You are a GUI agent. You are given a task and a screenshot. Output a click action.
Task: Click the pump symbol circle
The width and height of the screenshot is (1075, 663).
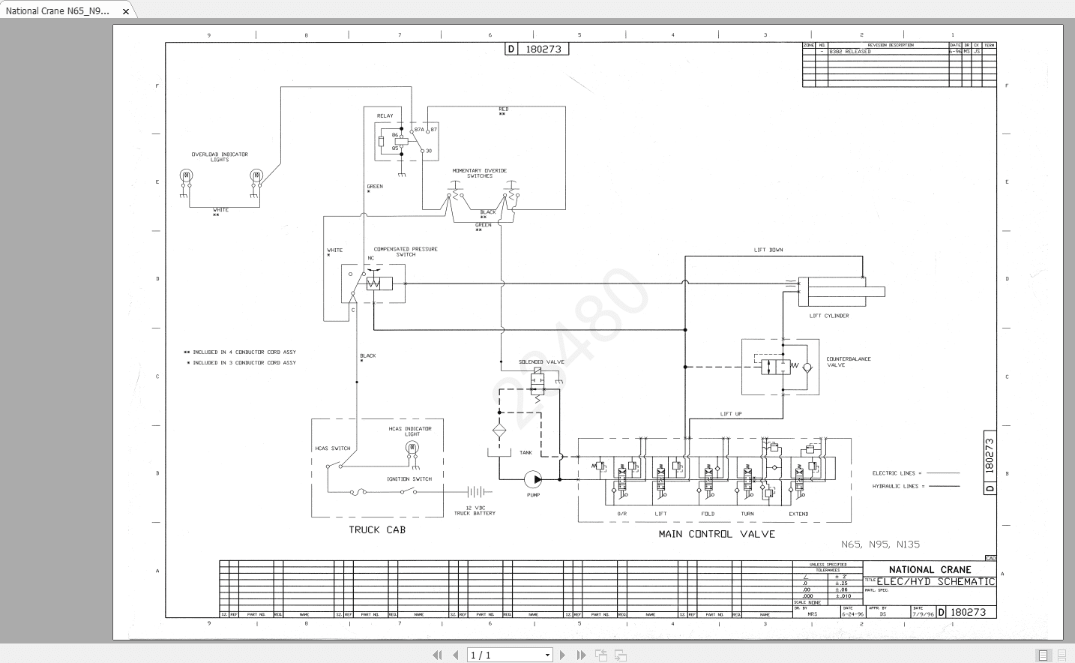click(x=533, y=479)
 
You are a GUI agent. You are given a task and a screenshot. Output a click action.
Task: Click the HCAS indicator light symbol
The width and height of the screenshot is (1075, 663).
click(x=412, y=448)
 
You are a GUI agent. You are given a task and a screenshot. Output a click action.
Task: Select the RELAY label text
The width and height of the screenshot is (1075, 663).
click(x=385, y=116)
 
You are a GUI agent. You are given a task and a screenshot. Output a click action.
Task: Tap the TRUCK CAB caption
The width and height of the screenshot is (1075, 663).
click(x=377, y=530)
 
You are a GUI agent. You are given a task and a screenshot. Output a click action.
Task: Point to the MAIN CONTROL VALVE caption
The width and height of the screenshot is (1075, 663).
click(x=717, y=534)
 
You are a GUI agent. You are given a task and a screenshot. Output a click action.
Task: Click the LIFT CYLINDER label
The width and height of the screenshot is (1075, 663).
click(x=829, y=316)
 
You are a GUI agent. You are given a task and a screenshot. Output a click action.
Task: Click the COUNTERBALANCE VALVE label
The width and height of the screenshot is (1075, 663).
click(x=848, y=361)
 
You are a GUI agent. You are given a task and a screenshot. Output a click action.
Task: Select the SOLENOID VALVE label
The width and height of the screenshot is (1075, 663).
click(x=541, y=361)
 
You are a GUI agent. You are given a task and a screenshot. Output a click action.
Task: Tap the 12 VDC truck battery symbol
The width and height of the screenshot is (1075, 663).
click(x=477, y=492)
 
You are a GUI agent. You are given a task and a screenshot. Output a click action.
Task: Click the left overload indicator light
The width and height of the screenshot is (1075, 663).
click(x=186, y=175)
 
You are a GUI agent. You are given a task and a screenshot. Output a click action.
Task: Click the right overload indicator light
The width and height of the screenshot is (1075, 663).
click(x=256, y=175)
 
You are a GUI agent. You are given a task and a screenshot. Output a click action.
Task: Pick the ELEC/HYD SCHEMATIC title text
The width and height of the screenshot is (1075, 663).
click(x=936, y=581)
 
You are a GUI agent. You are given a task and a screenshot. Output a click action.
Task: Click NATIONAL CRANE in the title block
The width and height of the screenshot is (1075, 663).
click(x=930, y=569)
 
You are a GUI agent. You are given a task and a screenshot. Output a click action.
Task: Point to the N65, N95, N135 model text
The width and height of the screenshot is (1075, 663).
click(x=880, y=544)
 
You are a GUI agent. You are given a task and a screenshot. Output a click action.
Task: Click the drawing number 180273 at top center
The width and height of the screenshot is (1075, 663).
click(x=543, y=49)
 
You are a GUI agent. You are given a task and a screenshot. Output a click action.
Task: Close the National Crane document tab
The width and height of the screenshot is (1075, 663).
click(x=126, y=11)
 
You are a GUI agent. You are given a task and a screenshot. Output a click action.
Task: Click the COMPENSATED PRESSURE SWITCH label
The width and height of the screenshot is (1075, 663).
click(x=406, y=251)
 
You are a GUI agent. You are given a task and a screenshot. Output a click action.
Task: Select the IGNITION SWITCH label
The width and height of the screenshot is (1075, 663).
click(x=409, y=478)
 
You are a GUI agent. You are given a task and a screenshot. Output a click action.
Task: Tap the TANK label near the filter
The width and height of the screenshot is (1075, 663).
click(x=526, y=452)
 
